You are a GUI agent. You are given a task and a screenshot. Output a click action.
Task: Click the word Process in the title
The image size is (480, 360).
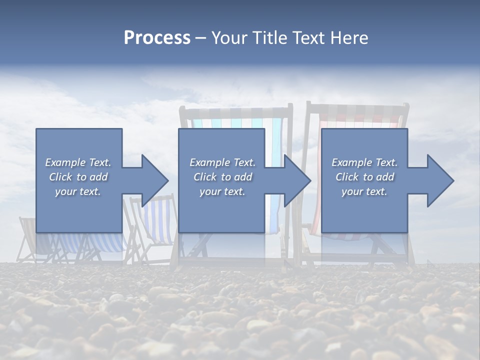(157, 38)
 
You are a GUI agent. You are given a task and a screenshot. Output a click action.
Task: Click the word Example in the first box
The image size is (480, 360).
(65, 162)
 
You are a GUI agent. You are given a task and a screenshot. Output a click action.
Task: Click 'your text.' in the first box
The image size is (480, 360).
(78, 191)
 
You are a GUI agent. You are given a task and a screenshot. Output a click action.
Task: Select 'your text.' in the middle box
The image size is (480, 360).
(222, 191)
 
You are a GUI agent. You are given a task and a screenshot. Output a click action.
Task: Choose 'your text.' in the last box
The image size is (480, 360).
(364, 191)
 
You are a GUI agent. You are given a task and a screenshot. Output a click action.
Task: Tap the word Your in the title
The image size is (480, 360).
(228, 38)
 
